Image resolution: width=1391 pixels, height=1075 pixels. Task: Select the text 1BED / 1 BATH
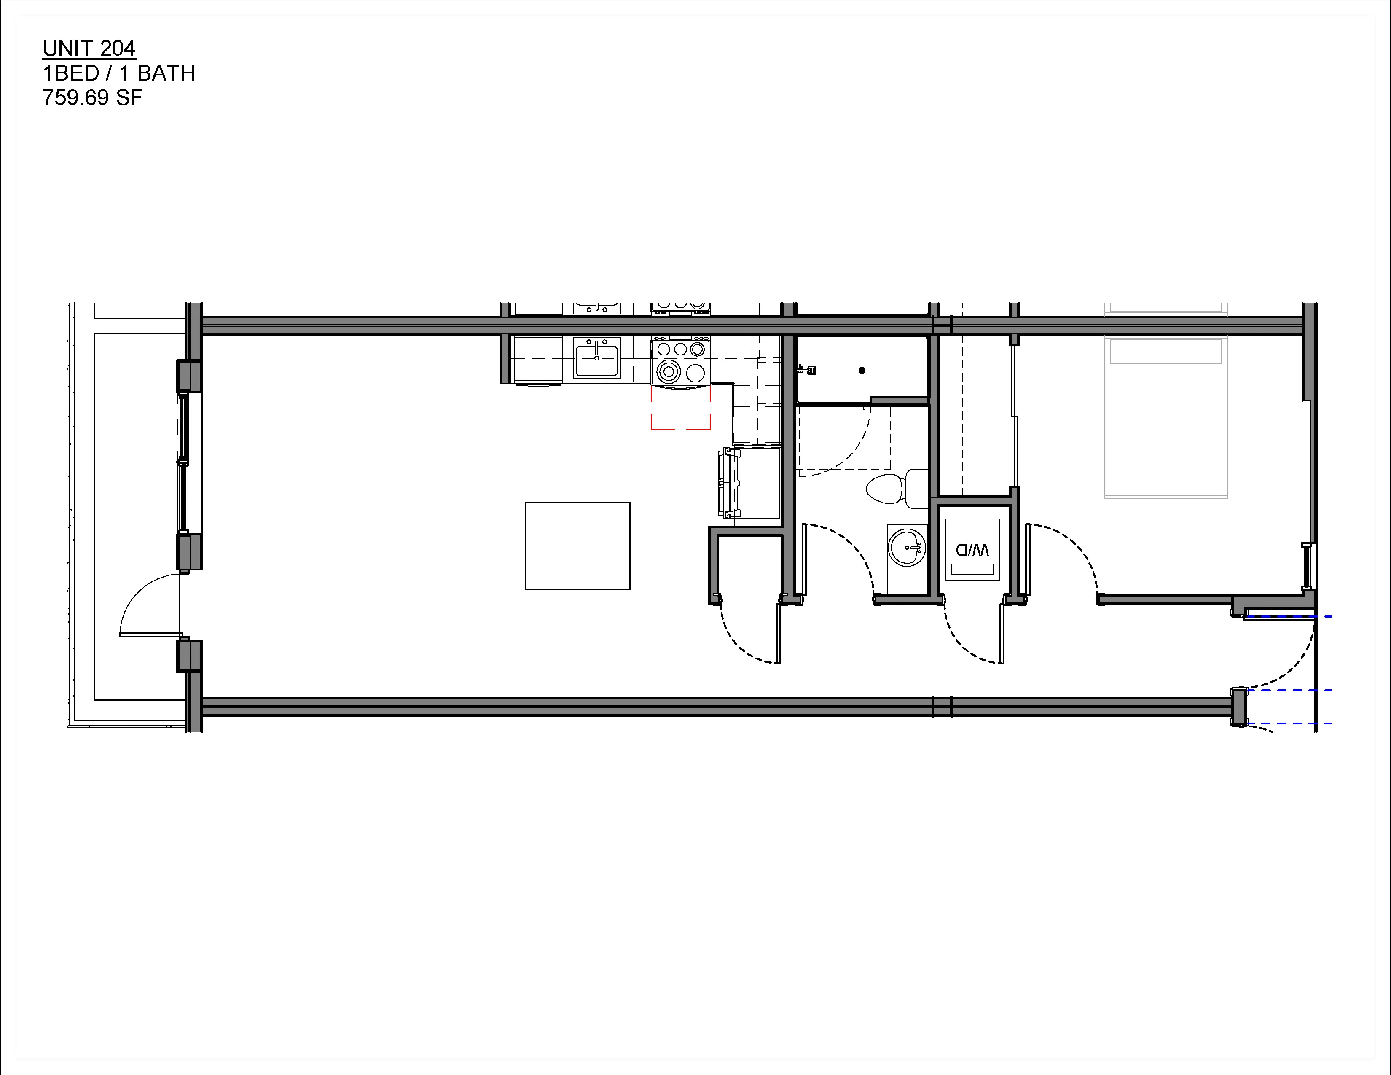(x=118, y=74)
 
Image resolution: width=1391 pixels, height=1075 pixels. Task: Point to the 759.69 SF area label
(x=92, y=98)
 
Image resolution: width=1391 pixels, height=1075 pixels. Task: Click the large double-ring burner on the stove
(x=669, y=371)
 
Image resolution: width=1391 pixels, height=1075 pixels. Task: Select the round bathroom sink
(x=907, y=546)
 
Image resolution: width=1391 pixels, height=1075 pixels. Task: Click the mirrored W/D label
(x=972, y=549)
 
